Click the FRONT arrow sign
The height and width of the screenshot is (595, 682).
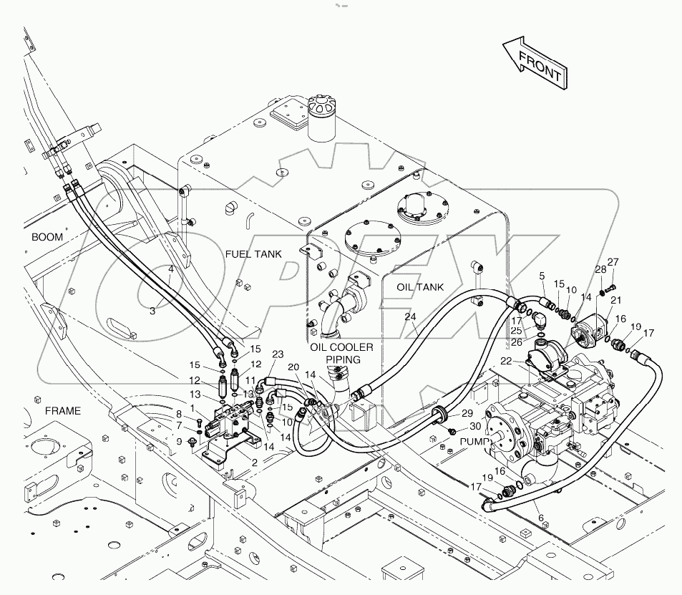[x=536, y=64]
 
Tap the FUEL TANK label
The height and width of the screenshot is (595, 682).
[x=253, y=254]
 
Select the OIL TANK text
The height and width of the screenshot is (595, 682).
[x=420, y=287]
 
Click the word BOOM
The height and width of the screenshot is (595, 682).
[x=47, y=237]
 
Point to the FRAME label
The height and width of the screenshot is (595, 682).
[x=63, y=411]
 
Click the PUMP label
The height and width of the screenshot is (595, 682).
[x=473, y=442]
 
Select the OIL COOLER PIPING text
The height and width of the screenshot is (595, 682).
[x=342, y=352]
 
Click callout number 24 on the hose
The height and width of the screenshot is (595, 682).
[x=410, y=316]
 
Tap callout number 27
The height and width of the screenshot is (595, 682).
[x=613, y=262]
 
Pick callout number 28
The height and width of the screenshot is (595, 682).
[x=600, y=270]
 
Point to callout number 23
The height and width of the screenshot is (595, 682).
[x=278, y=354]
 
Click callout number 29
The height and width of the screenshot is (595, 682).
[x=467, y=414]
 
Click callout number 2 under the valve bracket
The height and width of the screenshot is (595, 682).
[x=254, y=463]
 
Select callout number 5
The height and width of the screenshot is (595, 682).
[x=542, y=276]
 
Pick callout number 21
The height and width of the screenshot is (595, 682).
[x=615, y=300]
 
